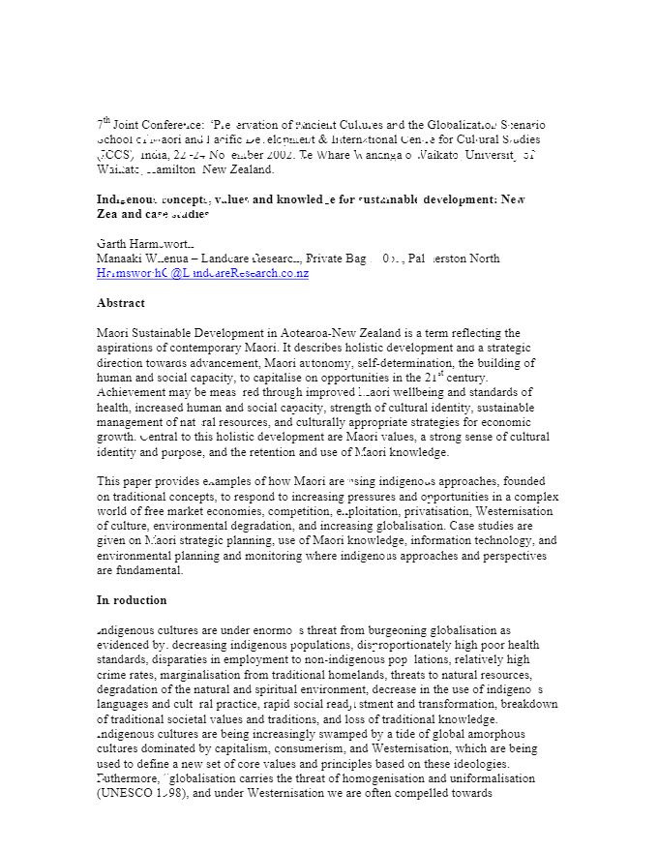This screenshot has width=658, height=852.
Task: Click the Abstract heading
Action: [121, 303]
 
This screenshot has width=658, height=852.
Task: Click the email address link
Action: [202, 274]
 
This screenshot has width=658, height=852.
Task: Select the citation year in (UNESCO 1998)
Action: [171, 793]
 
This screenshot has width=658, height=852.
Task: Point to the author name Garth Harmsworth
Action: [145, 244]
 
